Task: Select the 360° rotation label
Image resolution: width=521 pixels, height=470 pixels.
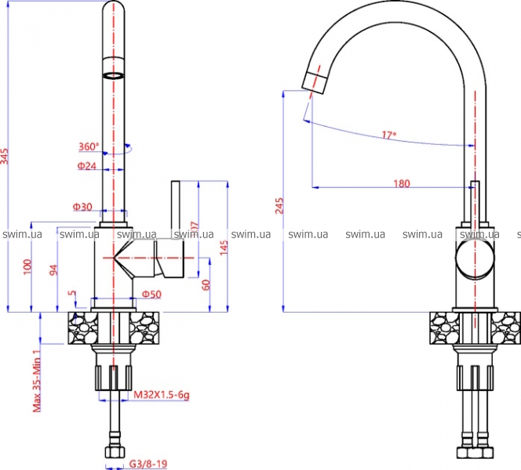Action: (x=89, y=147)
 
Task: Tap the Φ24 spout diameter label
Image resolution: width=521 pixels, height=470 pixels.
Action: (x=86, y=166)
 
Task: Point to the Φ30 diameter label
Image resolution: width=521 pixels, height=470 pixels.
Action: (x=82, y=207)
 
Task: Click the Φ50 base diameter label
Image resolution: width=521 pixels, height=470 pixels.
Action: (x=151, y=294)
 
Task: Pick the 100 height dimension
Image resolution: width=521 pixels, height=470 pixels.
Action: (x=27, y=266)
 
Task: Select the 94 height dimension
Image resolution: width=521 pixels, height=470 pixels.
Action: (x=54, y=269)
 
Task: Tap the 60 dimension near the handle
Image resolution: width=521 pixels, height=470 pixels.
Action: (x=206, y=284)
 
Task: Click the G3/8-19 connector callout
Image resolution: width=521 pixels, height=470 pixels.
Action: (x=148, y=464)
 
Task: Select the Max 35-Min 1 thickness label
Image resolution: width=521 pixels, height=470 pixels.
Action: (x=36, y=381)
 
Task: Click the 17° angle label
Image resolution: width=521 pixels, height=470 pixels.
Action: (x=389, y=136)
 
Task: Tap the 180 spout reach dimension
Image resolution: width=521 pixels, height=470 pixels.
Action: (x=401, y=184)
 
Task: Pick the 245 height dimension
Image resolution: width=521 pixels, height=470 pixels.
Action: (x=280, y=205)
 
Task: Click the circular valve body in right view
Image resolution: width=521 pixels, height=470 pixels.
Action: (x=475, y=260)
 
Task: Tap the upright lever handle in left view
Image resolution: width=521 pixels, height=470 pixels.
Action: (x=177, y=215)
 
